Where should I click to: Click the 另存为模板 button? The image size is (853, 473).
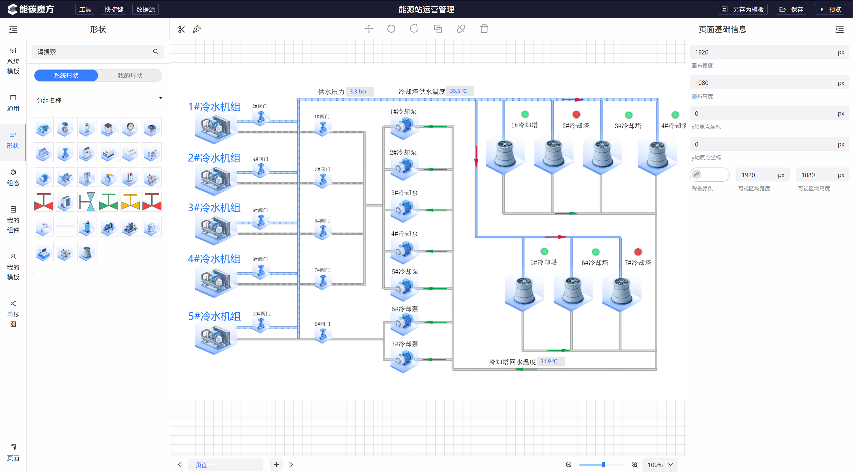(743, 9)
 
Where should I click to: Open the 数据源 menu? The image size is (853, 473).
(145, 9)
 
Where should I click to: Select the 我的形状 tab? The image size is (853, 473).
(130, 75)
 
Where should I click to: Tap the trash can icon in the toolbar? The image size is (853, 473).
(484, 29)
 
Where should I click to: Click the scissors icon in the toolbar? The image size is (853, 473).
(182, 29)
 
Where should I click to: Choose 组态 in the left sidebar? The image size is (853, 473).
(13, 177)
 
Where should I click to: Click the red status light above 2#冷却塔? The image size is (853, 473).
(576, 114)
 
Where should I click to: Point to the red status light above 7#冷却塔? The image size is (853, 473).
(638, 252)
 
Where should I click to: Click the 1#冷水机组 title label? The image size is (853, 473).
(214, 107)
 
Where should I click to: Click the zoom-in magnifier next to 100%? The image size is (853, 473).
(634, 465)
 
